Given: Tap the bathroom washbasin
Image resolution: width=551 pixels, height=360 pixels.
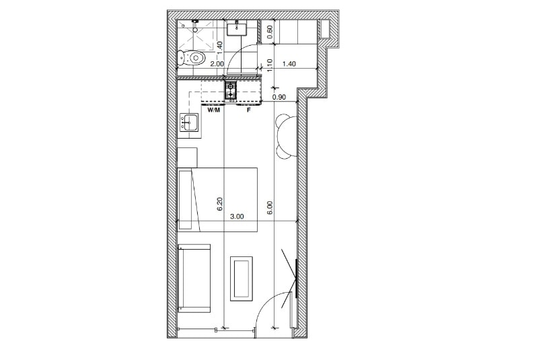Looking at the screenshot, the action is tap(237, 28).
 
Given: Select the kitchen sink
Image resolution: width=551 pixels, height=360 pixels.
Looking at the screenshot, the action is tap(189, 122).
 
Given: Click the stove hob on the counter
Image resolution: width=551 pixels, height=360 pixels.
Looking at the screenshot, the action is tap(231, 90).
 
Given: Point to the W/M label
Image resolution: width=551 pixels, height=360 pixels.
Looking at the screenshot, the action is tap(214, 110).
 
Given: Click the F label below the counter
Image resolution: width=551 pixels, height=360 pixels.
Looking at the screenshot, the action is tap(248, 110).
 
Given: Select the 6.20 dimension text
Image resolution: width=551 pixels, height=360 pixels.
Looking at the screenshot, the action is tap(219, 204).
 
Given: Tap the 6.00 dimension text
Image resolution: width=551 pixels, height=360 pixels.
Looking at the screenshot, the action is tap(270, 207).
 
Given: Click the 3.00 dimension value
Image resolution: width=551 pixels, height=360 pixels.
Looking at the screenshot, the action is tap(237, 217).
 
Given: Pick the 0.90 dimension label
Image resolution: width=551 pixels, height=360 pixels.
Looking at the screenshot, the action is tap(279, 97).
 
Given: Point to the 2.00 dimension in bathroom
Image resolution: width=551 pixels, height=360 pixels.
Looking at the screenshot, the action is tap(217, 64).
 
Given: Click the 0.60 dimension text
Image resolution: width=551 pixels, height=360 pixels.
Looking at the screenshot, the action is tap(270, 32).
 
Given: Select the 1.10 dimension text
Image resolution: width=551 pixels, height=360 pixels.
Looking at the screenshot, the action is tap(270, 65).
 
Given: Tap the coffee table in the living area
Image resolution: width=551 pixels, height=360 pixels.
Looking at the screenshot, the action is tap(242, 279).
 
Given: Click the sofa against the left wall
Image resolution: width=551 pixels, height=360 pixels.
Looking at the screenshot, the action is tap(194, 279).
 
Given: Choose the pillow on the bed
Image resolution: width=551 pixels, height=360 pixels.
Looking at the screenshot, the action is tap(185, 200).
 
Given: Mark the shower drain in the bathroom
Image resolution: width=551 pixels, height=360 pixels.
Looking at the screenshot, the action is tap(195, 30).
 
